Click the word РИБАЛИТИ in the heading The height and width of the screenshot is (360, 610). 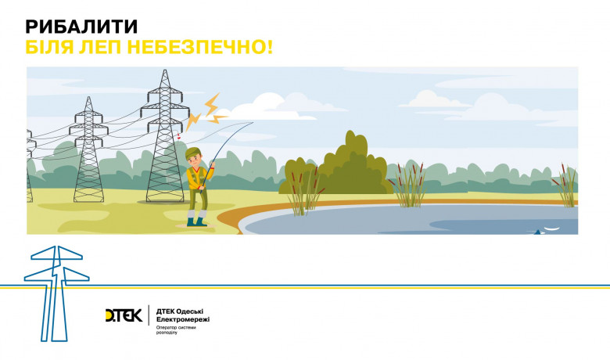[x=77, y=26]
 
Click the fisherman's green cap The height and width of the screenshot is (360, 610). [x=196, y=151]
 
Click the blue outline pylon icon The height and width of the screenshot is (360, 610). [x=57, y=290]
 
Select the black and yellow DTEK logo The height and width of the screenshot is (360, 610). [x=124, y=315]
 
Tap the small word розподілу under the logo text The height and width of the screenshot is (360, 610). [x=167, y=333]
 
